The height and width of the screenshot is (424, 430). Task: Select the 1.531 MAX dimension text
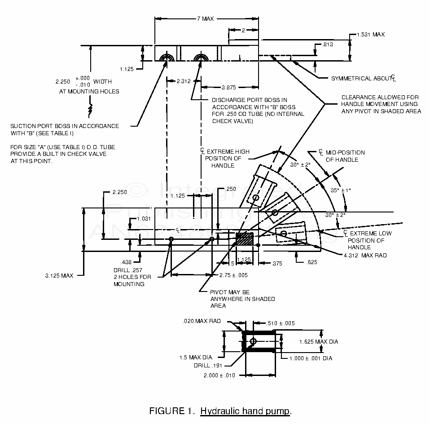[x=371, y=35]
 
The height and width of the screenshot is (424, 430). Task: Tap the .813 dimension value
[x=328, y=44]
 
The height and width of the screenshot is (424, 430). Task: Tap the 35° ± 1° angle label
[x=341, y=190]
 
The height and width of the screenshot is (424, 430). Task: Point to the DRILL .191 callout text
[x=208, y=365]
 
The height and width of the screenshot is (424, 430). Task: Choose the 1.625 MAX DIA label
[x=319, y=342]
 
